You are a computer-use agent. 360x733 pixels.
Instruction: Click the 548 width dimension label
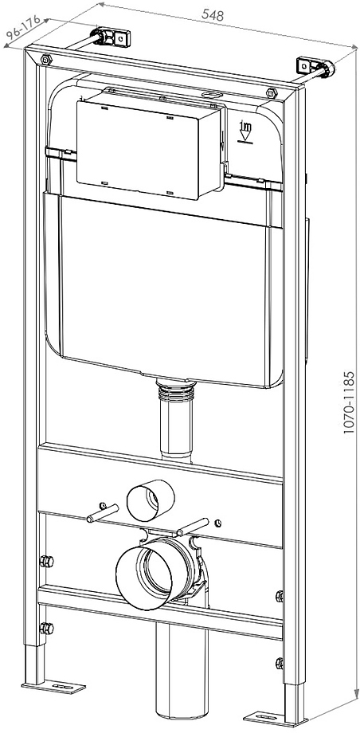tap(211, 16)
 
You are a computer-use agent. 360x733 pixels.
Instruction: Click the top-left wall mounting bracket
tap(109, 37)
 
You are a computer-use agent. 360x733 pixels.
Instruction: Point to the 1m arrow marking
tap(246, 130)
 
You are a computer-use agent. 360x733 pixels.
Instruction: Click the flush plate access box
tap(149, 143)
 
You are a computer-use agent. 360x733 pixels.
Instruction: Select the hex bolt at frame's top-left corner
tap(46, 61)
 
